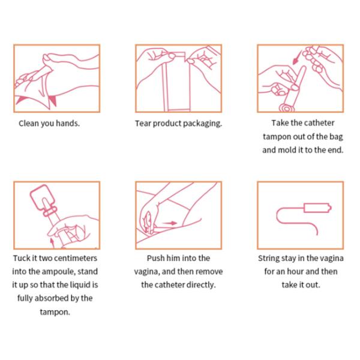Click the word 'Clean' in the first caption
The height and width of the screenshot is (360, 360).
click(x=29, y=123)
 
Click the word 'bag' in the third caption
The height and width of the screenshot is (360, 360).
click(x=336, y=137)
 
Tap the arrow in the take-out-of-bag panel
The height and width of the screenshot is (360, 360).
click(x=298, y=57)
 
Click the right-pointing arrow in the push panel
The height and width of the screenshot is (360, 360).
click(x=170, y=223)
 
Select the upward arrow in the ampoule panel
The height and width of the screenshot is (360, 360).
click(x=52, y=243)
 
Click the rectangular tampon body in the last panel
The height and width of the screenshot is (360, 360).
click(x=317, y=208)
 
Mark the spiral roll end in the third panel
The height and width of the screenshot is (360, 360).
click(x=287, y=108)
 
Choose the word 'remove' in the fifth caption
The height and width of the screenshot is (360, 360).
click(x=209, y=272)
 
